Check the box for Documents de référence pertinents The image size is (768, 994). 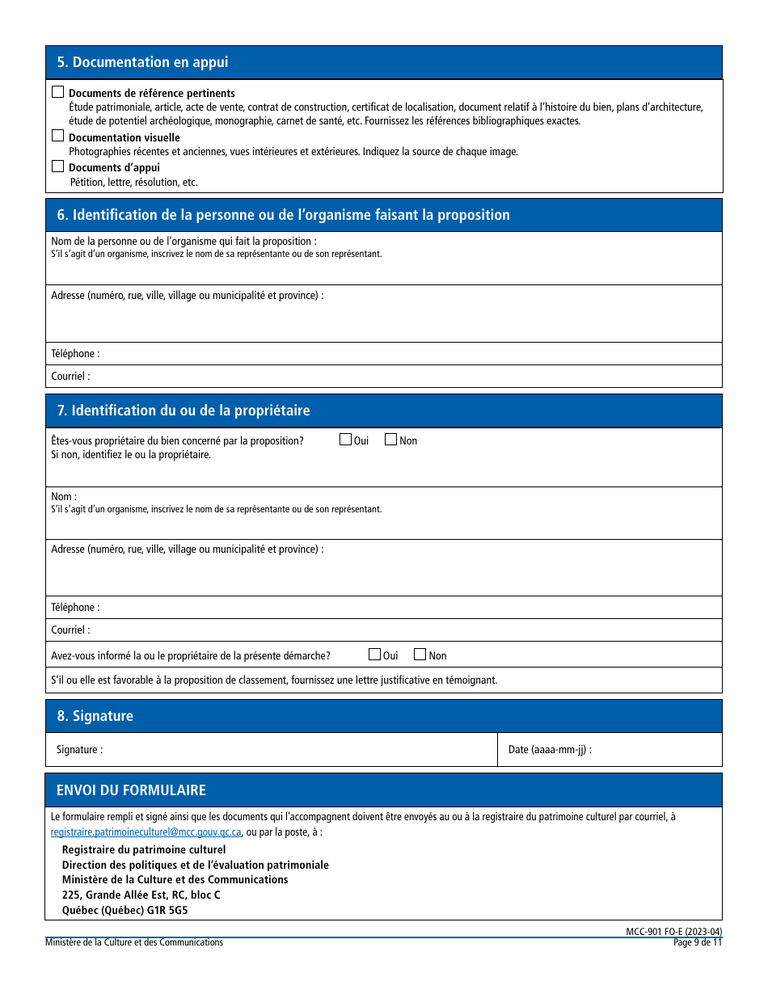pyautogui.click(x=57, y=93)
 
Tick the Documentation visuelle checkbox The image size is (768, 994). pyautogui.click(x=57, y=136)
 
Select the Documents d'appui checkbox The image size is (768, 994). pyautogui.click(x=57, y=166)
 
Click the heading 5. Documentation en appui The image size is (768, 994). pyautogui.click(x=142, y=62)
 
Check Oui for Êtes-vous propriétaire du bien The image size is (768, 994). pyautogui.click(x=346, y=440)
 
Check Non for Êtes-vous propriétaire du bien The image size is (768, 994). pyautogui.click(x=391, y=440)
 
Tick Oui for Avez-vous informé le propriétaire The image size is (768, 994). pyautogui.click(x=375, y=655)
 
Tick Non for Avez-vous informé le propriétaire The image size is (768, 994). pyautogui.click(x=420, y=655)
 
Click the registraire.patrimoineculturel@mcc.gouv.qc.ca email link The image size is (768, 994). pyautogui.click(x=146, y=832)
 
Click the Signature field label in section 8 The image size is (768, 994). pyautogui.click(x=79, y=749)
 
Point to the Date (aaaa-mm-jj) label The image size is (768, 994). pyautogui.click(x=550, y=749)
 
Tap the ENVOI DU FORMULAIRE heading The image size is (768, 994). pyautogui.click(x=131, y=790)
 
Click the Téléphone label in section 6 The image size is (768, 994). pyautogui.click(x=75, y=353)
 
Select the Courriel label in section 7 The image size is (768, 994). pyautogui.click(x=70, y=630)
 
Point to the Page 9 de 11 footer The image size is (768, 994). pyautogui.click(x=698, y=942)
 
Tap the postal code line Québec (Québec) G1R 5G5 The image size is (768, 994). pyautogui.click(x=125, y=909)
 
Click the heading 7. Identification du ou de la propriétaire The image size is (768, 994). pyautogui.click(x=184, y=411)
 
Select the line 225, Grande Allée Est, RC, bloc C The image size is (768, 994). pyautogui.click(x=141, y=895)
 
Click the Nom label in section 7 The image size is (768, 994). pyautogui.click(x=64, y=496)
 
